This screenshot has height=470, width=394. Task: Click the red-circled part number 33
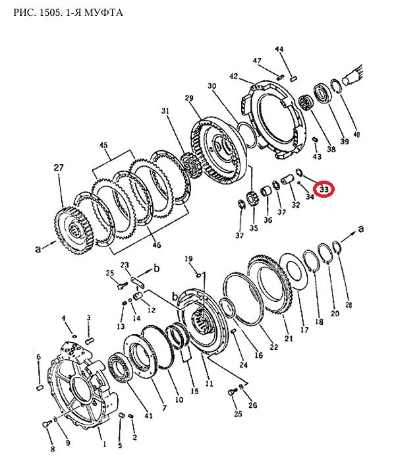[x=324, y=189]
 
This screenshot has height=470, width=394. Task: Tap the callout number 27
[x=59, y=167]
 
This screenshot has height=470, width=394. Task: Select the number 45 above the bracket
[x=103, y=146]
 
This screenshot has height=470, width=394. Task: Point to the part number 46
[x=156, y=245]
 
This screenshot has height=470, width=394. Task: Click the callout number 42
[x=234, y=76]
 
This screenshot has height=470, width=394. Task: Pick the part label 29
[x=189, y=98]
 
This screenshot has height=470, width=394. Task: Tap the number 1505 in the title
[x=49, y=13]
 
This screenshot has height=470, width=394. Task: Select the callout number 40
[x=356, y=134]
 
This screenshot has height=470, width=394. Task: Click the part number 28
[x=349, y=305]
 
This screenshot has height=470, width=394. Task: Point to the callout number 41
[x=148, y=416]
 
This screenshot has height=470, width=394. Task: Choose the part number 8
[x=53, y=449]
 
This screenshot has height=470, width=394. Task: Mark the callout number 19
[x=188, y=258]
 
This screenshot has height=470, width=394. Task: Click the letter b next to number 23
[x=157, y=268]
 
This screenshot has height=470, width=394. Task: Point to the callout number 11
[x=209, y=384]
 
